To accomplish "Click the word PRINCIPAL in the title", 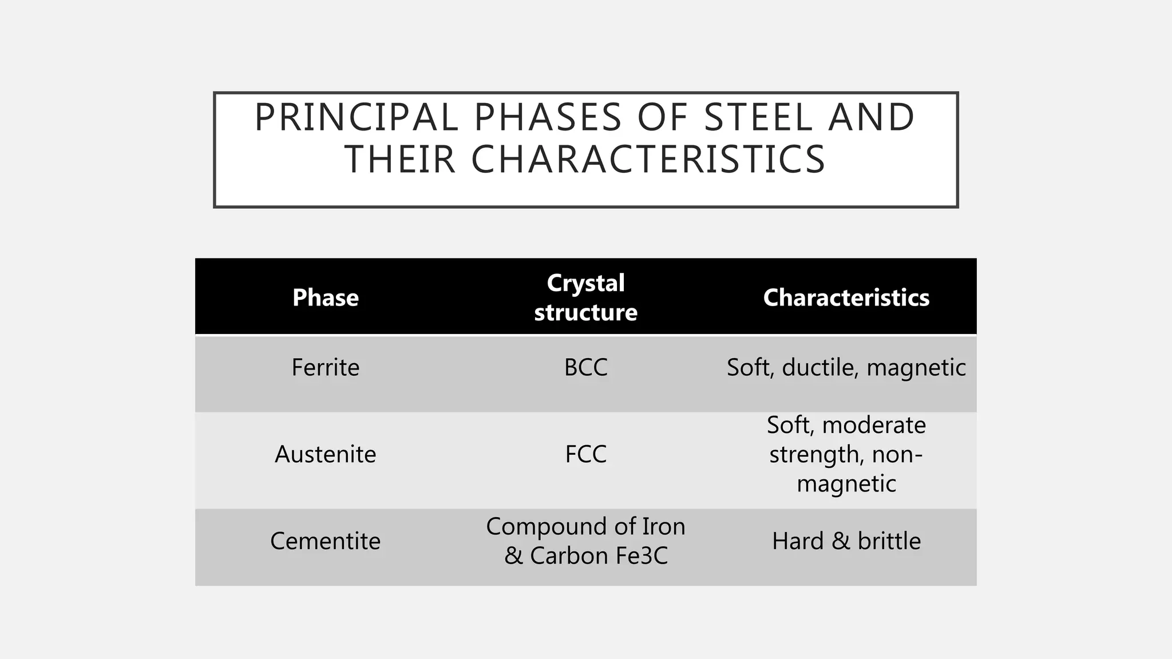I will [x=356, y=118].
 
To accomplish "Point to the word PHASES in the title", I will [x=548, y=118].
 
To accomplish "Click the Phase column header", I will [x=326, y=297].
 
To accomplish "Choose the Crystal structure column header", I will [x=585, y=297].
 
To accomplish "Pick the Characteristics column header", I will [x=846, y=297].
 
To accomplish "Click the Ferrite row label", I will [x=326, y=367].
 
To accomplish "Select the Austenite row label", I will [x=326, y=454].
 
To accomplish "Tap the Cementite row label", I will [x=326, y=541].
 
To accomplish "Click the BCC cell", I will [x=585, y=367].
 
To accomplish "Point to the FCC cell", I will [x=585, y=454].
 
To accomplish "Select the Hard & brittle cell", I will [x=846, y=541].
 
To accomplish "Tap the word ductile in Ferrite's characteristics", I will [x=820, y=367].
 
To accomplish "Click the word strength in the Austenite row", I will [x=817, y=455].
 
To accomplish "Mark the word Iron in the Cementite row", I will [x=664, y=526].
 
